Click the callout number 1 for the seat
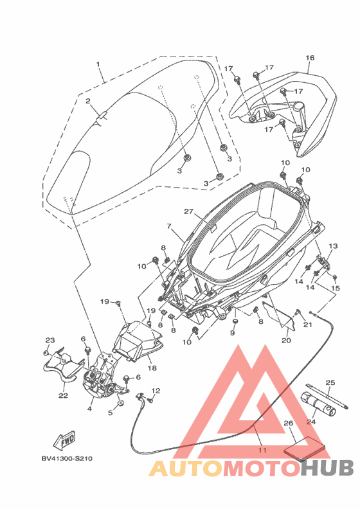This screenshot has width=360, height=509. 98,64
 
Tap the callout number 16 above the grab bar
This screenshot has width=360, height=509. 310,58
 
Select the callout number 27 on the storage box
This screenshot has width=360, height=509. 188,211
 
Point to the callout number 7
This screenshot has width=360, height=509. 169,226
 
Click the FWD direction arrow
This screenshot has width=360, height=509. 64,440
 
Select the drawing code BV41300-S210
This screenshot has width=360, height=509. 67,459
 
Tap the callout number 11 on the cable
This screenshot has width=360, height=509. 262,450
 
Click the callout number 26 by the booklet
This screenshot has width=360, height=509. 288,423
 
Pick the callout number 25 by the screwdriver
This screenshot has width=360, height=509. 330,383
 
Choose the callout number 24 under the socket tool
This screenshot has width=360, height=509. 311,422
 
